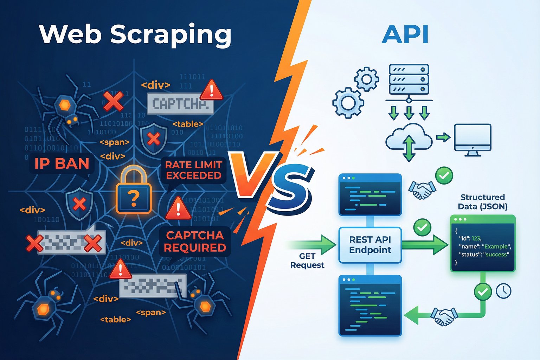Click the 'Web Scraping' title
point(135,34)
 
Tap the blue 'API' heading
point(405,35)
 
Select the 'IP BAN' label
point(62,163)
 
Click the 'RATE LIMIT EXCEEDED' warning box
point(194,170)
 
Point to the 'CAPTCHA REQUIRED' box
point(195,242)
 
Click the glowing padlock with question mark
point(134,190)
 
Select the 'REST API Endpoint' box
point(370,245)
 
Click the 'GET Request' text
point(307,261)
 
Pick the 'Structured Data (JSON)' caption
point(482,202)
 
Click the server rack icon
point(409,79)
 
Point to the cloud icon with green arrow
point(409,141)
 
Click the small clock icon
point(503,291)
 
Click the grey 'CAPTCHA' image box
point(180,104)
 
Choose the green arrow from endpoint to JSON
point(425,245)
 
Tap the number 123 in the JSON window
point(476,238)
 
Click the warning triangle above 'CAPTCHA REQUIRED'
point(178,208)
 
